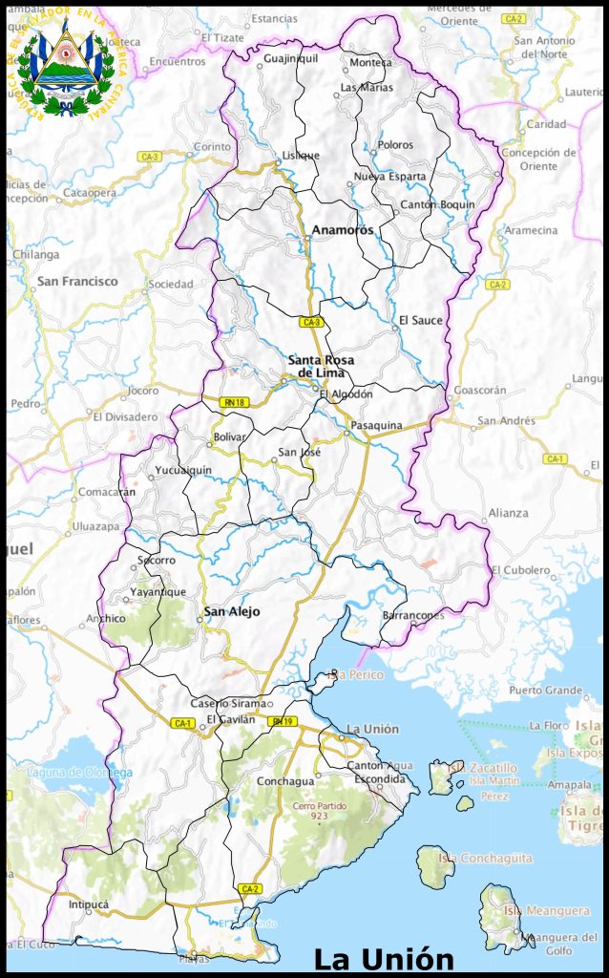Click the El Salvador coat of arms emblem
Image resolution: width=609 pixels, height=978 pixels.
(x=65, y=64)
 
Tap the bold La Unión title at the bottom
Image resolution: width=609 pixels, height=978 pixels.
(x=384, y=958)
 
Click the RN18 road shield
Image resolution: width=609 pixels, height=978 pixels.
(x=234, y=403)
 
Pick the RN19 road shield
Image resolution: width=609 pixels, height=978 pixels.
(x=282, y=721)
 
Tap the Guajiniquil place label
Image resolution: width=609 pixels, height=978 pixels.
(x=290, y=58)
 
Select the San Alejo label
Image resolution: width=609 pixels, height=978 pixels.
(x=232, y=611)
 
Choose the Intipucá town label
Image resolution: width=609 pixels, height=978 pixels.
(x=89, y=904)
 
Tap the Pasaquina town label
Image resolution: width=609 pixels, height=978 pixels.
(x=376, y=425)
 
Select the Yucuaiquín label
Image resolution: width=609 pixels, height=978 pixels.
(x=182, y=470)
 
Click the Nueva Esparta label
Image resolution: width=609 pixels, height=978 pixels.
(x=389, y=177)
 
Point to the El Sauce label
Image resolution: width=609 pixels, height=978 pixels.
(x=421, y=320)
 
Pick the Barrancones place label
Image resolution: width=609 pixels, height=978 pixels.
(x=412, y=616)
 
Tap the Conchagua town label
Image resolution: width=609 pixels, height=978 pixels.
(x=284, y=781)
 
